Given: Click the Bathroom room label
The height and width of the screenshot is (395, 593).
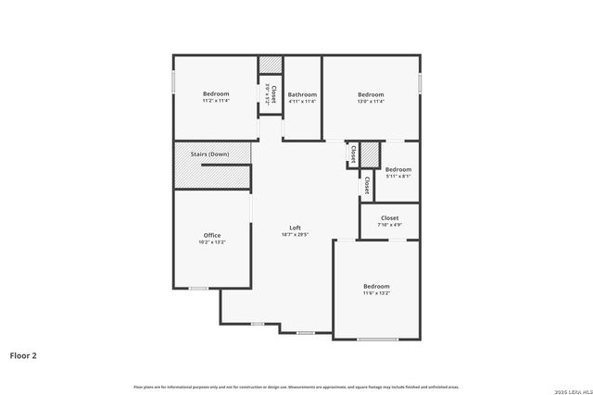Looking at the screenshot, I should click(302, 94).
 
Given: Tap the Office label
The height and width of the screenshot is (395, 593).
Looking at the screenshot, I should click(212, 235).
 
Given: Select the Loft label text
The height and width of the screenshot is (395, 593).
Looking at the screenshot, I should click(295, 228).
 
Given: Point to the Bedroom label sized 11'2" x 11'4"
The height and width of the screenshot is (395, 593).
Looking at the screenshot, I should click(216, 93).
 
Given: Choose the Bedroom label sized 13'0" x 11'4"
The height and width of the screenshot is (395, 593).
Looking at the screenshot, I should click(371, 94).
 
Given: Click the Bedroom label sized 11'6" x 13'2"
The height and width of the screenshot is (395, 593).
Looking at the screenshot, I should click(376, 286).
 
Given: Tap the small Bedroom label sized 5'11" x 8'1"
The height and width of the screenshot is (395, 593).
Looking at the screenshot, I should click(398, 169).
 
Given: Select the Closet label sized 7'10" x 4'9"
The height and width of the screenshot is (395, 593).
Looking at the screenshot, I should click(389, 218).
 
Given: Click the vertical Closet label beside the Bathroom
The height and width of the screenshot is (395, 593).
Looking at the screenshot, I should click(273, 93).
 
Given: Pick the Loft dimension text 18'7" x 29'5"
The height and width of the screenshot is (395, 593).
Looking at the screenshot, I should click(295, 235).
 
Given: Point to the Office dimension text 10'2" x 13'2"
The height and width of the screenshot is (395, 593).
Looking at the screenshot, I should click(212, 242).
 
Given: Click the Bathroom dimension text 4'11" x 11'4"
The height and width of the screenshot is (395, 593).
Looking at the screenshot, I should click(302, 102).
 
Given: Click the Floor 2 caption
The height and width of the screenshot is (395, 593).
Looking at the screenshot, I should click(23, 354).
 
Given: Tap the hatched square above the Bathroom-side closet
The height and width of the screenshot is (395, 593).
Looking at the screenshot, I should click(271, 63).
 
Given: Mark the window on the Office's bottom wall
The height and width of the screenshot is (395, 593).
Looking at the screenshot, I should click(198, 289).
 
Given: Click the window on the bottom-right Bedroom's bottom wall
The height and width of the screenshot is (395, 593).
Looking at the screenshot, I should click(377, 339).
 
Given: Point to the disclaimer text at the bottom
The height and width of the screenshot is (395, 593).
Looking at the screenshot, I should click(296, 387).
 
